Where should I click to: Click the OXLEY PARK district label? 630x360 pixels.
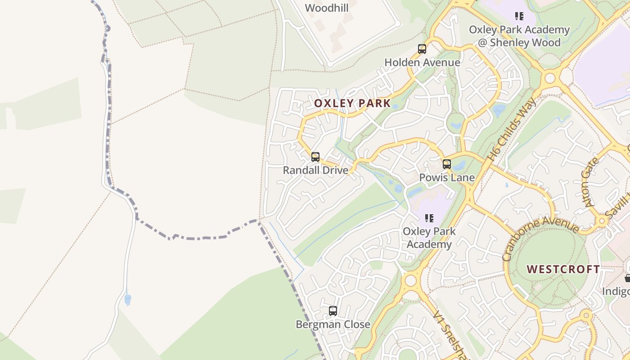click(x=352, y=103)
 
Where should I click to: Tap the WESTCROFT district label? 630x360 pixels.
click(x=563, y=269)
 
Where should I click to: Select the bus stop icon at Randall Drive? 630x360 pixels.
click(x=315, y=157)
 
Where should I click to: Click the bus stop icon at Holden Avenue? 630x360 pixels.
click(x=422, y=49)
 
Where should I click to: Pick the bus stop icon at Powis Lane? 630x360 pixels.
click(x=446, y=164)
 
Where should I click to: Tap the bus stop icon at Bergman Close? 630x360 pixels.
click(x=333, y=311)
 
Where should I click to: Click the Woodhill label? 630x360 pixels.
click(x=327, y=8)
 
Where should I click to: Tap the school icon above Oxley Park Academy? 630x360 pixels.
click(x=429, y=218)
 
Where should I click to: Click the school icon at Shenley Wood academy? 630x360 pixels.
click(x=519, y=16)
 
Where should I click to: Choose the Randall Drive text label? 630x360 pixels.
click(x=315, y=170)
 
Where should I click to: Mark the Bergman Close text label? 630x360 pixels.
click(x=333, y=324)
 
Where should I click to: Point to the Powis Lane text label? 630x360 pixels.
click(x=446, y=177)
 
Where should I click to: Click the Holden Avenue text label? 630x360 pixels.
click(x=422, y=62)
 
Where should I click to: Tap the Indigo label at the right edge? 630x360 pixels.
click(x=616, y=291)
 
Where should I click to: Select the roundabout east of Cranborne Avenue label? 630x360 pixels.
click(x=602, y=220)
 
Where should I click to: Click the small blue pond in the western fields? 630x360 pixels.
click(x=128, y=299)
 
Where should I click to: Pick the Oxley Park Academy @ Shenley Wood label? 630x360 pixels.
click(x=519, y=36)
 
